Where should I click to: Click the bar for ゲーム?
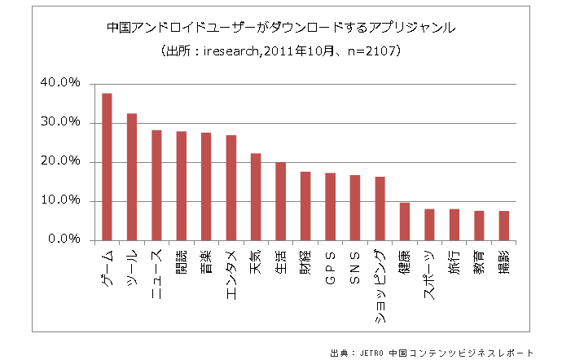coord(107,167)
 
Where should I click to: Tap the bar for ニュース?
coord(156,185)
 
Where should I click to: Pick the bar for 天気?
coord(256,196)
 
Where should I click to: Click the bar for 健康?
coord(405,221)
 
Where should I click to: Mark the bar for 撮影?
coord(503,225)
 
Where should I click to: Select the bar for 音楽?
coord(206,187)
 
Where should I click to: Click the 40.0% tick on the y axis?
coord(57,83)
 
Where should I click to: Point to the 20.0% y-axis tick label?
coord(57,161)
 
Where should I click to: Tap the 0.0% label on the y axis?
coord(60,239)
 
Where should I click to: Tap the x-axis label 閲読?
coord(182,262)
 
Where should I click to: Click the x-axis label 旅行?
coord(454,262)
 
